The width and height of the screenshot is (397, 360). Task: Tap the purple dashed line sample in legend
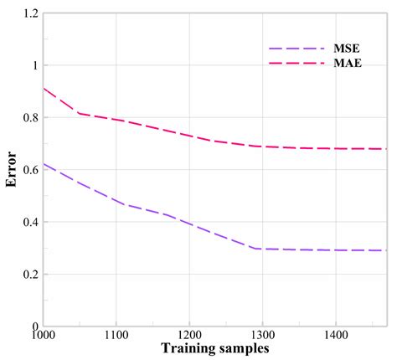[x=286, y=49]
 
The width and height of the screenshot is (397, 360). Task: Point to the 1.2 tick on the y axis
[x=28, y=14]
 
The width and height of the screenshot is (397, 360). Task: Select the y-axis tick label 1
[x=34, y=66]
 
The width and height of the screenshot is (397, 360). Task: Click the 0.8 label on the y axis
[x=28, y=118]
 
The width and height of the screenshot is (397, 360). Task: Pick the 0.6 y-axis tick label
[x=28, y=170]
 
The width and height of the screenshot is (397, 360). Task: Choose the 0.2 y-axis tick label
[x=28, y=275]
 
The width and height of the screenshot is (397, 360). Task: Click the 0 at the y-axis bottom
[x=34, y=327]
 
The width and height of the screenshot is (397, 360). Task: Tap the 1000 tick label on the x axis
[x=43, y=336]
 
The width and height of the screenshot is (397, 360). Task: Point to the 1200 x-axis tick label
[x=189, y=336]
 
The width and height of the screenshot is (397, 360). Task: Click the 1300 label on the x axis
[x=262, y=336]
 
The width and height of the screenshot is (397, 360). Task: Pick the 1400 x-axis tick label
[x=335, y=336]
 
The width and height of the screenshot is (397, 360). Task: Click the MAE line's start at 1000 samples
[x=43, y=89]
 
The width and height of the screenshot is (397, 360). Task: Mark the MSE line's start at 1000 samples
[x=43, y=164]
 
